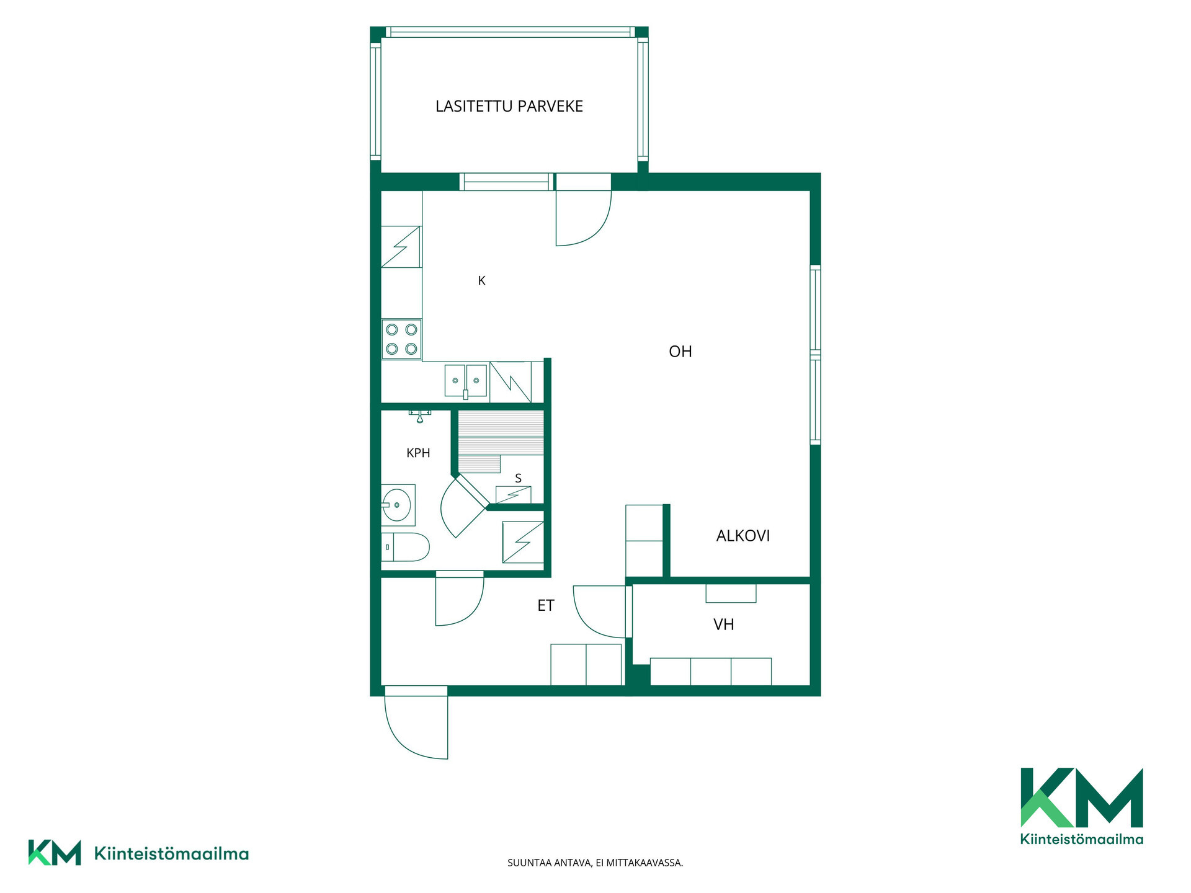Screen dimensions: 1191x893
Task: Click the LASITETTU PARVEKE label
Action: tap(509, 106)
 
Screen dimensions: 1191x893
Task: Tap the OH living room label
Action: tap(680, 352)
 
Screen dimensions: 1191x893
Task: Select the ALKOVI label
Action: tap(743, 536)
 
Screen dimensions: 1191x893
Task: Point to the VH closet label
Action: tap(724, 624)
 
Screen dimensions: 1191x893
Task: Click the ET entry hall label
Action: tap(546, 606)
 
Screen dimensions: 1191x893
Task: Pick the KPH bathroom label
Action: tap(418, 453)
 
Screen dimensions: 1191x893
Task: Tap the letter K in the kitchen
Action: tap(481, 281)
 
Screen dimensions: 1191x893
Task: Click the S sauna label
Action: tap(519, 478)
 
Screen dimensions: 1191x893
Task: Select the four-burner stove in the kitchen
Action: tap(401, 339)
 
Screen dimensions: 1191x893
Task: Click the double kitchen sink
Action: tap(466, 381)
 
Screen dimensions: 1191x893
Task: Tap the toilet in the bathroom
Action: tap(405, 547)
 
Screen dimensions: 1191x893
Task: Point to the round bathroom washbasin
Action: tap(397, 505)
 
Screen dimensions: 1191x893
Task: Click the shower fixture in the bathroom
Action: tap(420, 415)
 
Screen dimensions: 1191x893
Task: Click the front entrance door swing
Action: tap(416, 722)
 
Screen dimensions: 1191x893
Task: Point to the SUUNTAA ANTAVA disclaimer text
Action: tap(595, 863)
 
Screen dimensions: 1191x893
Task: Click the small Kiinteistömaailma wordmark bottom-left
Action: tap(171, 854)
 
